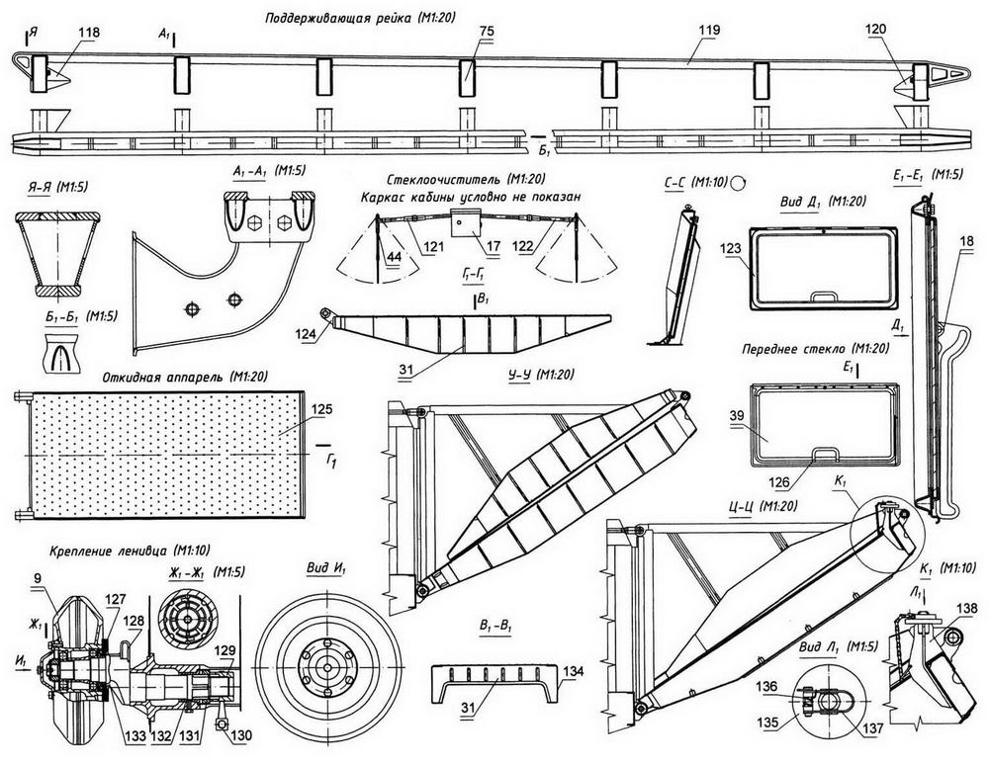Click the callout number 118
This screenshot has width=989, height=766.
click(89, 32)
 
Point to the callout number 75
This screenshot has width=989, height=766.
click(486, 32)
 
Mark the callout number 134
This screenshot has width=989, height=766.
click(574, 671)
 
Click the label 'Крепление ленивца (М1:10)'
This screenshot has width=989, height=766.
click(104, 551)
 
